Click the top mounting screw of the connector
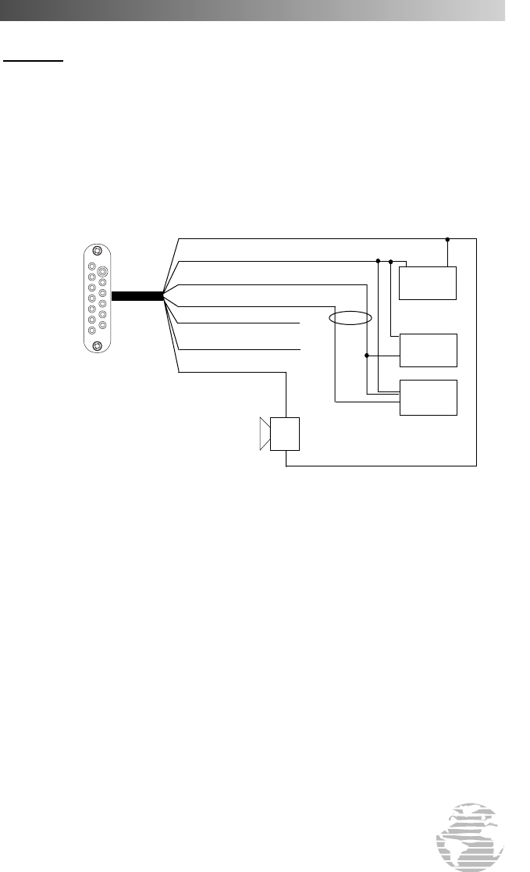(97, 252)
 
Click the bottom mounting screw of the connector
(97, 346)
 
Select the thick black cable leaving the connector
(137, 296)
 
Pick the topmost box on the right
(428, 282)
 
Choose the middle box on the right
(428, 350)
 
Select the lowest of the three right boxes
(428, 397)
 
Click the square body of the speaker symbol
(285, 434)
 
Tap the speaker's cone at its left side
(265, 434)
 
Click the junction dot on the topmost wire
(447, 238)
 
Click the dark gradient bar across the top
(250, 9)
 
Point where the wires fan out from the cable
(164, 296)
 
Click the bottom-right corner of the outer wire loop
(475, 467)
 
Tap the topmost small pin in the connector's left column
(91, 266)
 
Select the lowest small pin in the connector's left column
(91, 330)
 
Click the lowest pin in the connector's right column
(102, 323)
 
